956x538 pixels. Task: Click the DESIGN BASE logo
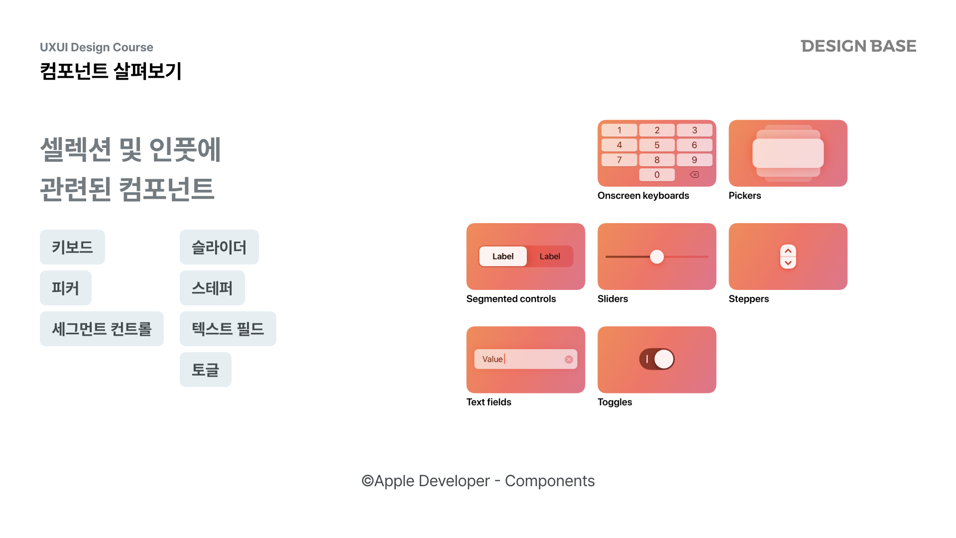[x=858, y=46]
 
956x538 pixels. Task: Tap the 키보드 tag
[x=72, y=247]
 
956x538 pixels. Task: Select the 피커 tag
[x=66, y=288]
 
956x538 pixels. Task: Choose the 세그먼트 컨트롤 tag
[x=102, y=329]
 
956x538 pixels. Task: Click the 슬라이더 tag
[x=219, y=247]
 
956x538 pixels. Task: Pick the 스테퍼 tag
[x=212, y=288]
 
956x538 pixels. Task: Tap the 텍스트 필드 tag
[x=228, y=329]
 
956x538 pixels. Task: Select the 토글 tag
[x=206, y=370]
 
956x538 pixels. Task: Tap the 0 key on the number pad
[x=657, y=175]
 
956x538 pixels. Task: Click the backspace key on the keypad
[x=694, y=175]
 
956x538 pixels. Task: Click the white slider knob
[x=657, y=257]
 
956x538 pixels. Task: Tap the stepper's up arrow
[x=788, y=251]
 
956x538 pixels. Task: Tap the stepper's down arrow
[x=788, y=263]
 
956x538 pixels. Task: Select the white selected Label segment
[x=503, y=257]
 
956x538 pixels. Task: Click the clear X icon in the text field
[x=569, y=360]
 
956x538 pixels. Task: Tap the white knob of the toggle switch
[x=664, y=359]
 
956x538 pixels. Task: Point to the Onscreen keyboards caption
[x=643, y=196]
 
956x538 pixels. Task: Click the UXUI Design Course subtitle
[x=97, y=47]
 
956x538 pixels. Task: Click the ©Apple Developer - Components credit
[x=478, y=481]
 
